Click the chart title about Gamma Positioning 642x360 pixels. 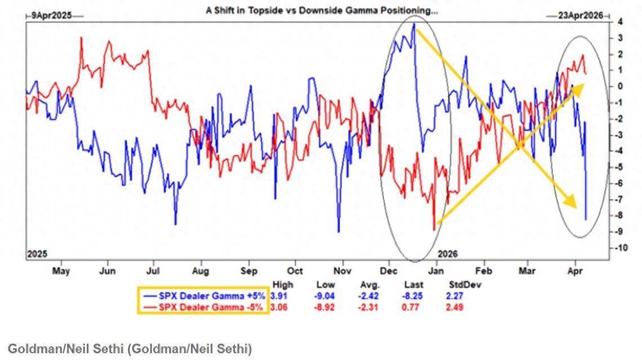tap(322, 10)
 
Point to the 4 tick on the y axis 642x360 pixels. tap(619, 22)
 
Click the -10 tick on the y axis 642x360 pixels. tap(621, 248)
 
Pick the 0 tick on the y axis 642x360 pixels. tap(619, 86)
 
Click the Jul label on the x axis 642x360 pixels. tap(154, 271)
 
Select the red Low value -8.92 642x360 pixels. tap(326, 307)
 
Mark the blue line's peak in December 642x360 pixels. tap(414, 24)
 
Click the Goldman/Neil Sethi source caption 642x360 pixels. tap(130, 349)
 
